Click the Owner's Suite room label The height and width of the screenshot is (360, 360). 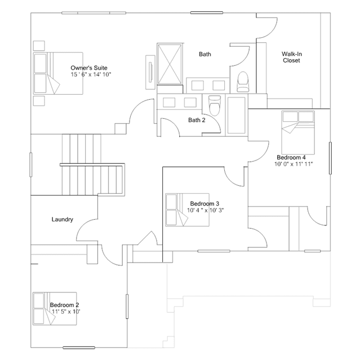[x=89, y=68]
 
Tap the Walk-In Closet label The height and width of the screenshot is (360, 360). [x=292, y=57]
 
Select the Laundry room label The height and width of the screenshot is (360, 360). [x=62, y=219]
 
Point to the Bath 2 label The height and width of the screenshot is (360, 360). [x=197, y=120]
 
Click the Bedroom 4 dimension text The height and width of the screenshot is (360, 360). [x=294, y=164]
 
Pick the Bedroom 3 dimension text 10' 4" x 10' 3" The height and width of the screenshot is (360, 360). [x=205, y=210]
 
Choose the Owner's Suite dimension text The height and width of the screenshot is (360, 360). [x=91, y=74]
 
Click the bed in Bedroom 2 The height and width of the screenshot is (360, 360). [x=55, y=309]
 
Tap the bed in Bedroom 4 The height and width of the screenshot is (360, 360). [x=298, y=132]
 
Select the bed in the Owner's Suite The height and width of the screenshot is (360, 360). [x=58, y=73]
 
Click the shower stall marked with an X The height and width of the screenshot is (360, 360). [x=170, y=64]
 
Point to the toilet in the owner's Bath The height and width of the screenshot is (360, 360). [x=243, y=82]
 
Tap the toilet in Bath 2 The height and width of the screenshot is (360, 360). [x=215, y=105]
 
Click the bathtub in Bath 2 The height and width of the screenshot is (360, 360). [x=236, y=115]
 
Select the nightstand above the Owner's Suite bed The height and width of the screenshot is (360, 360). [x=39, y=46]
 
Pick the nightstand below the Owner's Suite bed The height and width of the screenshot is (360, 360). [x=39, y=101]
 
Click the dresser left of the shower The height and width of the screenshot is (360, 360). [x=150, y=72]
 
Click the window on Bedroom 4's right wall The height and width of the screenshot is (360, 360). [x=330, y=158]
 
